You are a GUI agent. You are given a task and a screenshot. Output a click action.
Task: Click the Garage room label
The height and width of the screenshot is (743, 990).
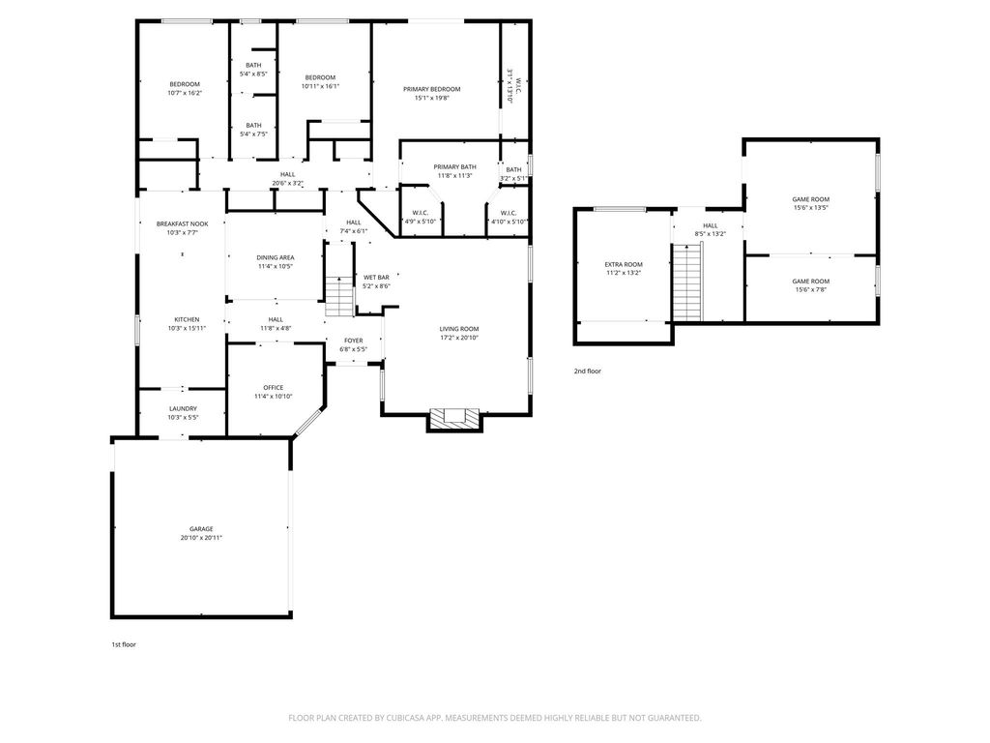point(201,529)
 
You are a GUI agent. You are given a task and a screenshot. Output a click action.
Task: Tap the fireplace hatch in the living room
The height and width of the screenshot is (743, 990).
point(454,419)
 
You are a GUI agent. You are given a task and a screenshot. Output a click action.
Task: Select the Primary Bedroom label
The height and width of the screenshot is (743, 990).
point(432,89)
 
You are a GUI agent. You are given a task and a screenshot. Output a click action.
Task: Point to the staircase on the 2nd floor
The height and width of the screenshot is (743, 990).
point(687,282)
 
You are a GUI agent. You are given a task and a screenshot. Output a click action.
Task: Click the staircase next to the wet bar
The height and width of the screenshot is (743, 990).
point(339,296)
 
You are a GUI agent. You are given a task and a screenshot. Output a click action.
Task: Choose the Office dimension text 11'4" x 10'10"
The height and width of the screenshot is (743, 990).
point(274,397)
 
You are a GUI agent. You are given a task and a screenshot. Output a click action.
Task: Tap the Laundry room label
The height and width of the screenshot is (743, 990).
point(183,409)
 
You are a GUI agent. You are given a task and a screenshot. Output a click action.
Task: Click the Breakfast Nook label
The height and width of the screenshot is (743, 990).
point(183,223)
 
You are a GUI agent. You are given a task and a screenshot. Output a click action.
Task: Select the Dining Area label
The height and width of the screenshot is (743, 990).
point(276,257)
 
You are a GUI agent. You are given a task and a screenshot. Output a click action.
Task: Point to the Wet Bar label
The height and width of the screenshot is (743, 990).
point(376,278)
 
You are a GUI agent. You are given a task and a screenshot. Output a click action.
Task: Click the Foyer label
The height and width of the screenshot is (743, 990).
point(354,341)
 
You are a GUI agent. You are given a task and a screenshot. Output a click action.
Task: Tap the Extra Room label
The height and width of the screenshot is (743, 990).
point(624,265)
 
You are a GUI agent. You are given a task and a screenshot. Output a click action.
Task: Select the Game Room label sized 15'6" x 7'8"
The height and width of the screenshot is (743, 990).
point(811,282)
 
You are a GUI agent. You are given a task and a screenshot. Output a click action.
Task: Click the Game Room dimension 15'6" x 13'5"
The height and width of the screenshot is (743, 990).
point(811,208)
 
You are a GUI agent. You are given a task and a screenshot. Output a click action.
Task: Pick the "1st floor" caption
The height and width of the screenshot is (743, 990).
point(124,645)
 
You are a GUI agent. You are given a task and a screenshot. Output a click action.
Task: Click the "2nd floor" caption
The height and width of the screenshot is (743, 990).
point(588,371)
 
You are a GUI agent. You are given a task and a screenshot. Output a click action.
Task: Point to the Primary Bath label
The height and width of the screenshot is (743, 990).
point(455,166)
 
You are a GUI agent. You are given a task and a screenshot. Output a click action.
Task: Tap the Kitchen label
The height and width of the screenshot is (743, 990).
point(187,319)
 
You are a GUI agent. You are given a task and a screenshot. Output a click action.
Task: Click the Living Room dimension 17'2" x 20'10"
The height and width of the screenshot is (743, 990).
point(459,338)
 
